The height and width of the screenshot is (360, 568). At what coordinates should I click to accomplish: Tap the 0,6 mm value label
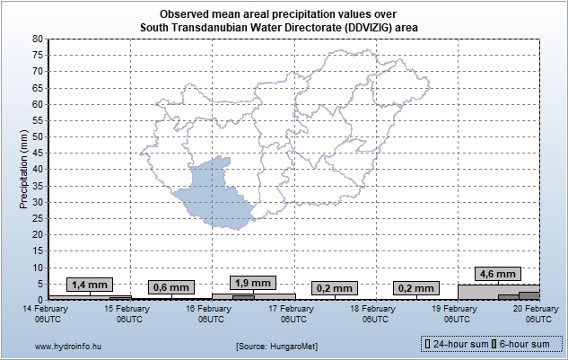[170, 287]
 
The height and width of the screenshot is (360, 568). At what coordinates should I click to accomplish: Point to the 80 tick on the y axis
[38, 40]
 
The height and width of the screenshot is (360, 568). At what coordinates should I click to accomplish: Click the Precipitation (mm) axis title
[23, 169]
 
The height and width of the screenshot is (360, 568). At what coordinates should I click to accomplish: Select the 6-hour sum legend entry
[526, 344]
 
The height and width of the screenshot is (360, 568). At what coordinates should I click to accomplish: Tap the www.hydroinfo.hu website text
[69, 346]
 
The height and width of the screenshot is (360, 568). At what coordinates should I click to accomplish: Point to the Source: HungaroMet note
[277, 346]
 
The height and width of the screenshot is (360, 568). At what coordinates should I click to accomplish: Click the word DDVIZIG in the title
[357, 28]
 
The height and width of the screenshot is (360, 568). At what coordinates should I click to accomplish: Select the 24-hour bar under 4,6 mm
[476, 291]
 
